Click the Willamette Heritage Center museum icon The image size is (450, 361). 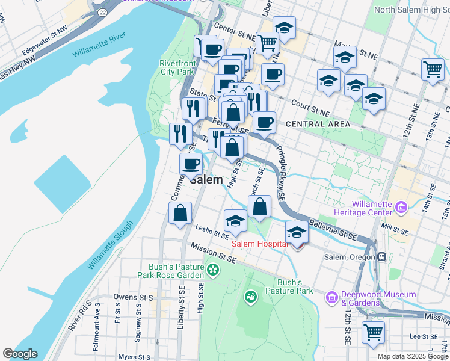pos(401,208)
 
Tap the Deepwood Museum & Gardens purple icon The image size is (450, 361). pos(331,298)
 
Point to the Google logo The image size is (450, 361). pos(20,354)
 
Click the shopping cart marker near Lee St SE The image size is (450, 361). pos(373,332)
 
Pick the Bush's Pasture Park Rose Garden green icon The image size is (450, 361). pos(212,271)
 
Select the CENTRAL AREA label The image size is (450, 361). pos(318,124)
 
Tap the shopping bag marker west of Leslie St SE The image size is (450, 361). pos(180,213)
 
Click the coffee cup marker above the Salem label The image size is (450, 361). pos(191,164)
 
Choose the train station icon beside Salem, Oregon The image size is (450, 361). pos(381,256)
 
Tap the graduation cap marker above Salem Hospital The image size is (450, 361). pos(297,232)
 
